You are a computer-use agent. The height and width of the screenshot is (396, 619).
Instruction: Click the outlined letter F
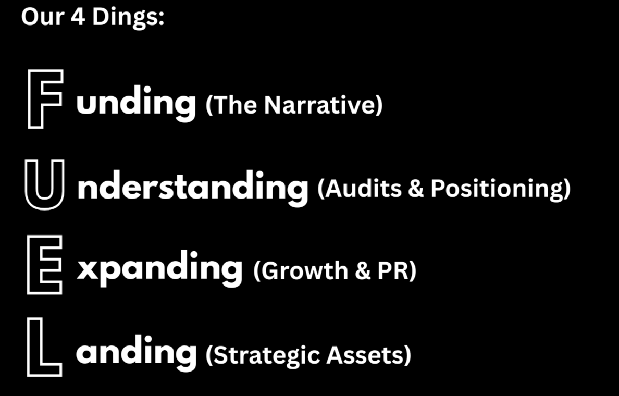click(44, 99)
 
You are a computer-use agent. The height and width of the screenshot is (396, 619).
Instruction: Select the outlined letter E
click(44, 265)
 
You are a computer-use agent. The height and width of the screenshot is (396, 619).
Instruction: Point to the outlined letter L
click(44, 347)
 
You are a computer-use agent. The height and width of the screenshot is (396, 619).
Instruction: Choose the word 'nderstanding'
click(193, 187)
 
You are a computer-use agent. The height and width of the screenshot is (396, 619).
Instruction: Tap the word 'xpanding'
click(160, 269)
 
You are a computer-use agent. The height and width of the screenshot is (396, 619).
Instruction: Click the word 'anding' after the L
click(136, 352)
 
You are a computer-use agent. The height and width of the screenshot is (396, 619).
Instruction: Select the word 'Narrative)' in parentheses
click(323, 106)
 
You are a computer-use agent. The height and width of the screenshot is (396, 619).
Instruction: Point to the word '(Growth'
click(296, 271)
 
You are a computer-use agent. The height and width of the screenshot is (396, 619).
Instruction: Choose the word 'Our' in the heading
click(42, 18)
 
